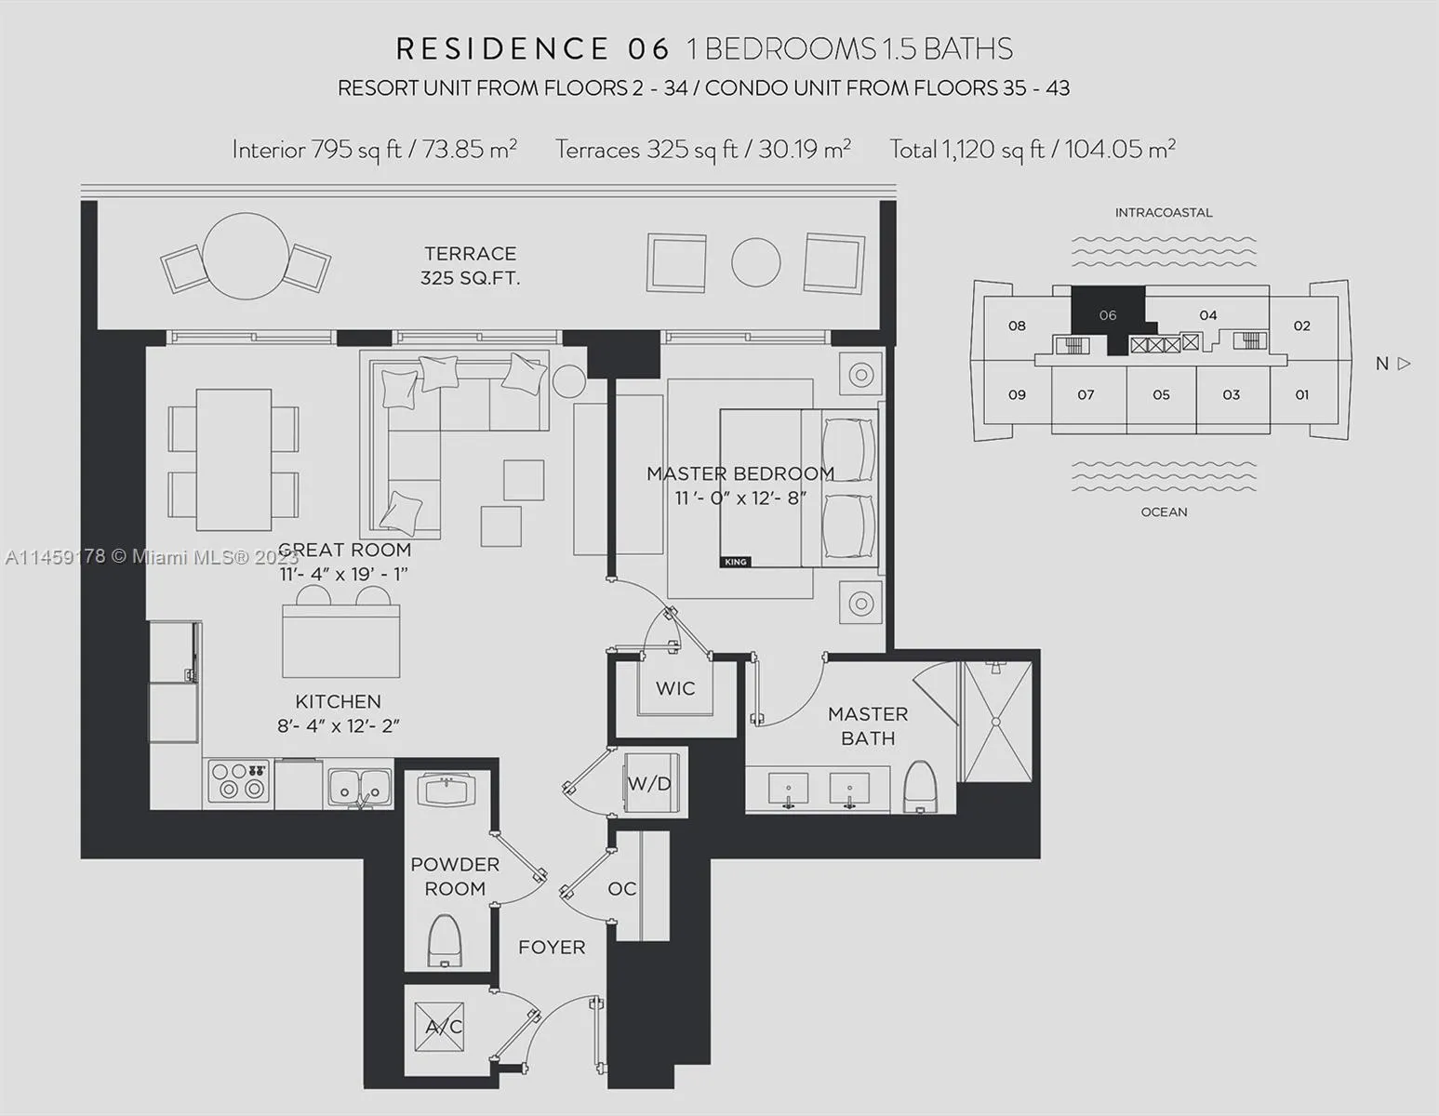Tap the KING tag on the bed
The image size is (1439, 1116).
click(735, 562)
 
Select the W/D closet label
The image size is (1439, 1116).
click(649, 784)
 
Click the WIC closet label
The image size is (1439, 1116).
click(674, 688)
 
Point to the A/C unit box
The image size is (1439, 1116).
click(440, 1027)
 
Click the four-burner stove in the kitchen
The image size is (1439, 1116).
click(238, 781)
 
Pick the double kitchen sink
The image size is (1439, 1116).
click(358, 786)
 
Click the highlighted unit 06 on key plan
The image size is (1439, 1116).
click(1107, 314)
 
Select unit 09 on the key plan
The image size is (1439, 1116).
click(1017, 394)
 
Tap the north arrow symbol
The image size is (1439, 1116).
click(1404, 364)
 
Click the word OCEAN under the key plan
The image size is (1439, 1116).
click(1164, 511)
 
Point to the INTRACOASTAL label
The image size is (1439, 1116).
click(1164, 212)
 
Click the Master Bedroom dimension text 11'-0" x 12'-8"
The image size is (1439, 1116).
click(740, 498)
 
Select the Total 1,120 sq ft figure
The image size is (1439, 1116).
click(1033, 149)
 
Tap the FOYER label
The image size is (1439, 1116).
click(552, 947)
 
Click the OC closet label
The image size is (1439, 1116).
click(621, 888)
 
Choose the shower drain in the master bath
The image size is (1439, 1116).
click(996, 721)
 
